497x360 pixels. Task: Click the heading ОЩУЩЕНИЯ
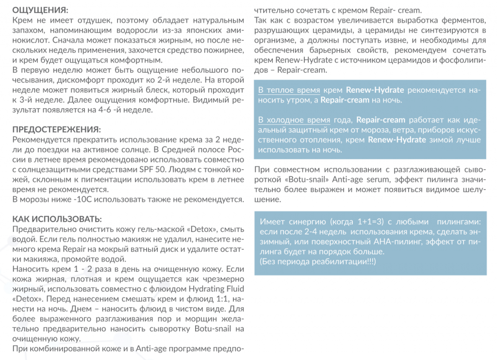click(40, 10)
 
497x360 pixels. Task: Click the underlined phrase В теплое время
click(289, 90)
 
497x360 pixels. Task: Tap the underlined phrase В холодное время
click(295, 120)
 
